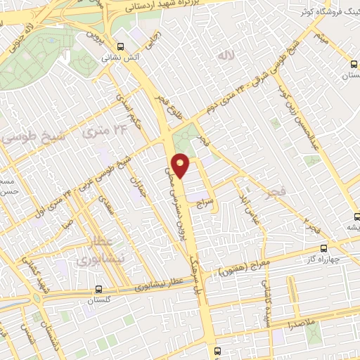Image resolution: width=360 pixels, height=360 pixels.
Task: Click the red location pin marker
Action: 181,165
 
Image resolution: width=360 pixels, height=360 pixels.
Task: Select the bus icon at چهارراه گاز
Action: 323,248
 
